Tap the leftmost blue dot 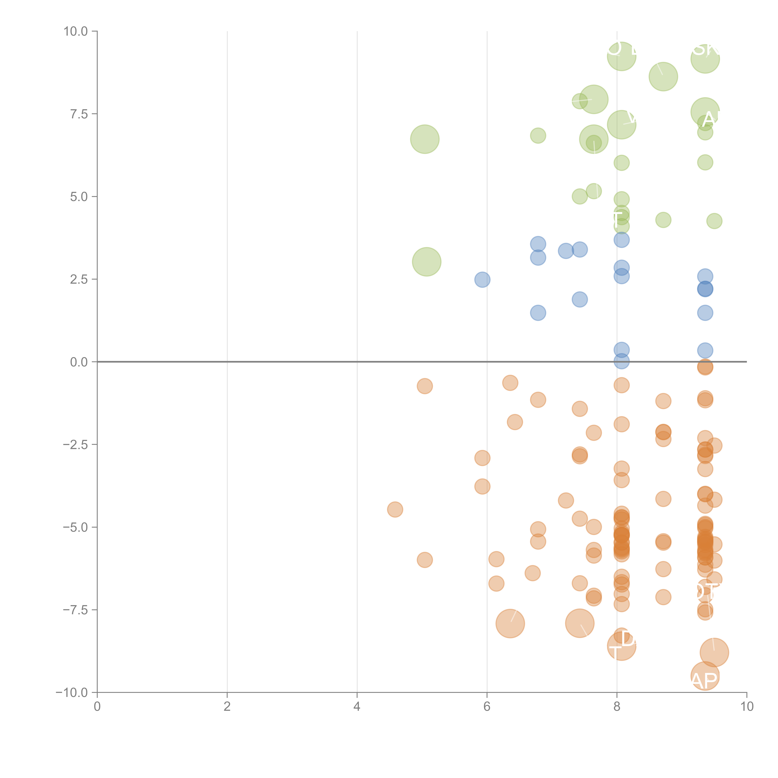point(482,279)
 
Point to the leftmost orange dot point(395,509)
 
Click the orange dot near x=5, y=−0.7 point(424,386)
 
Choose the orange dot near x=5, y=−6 point(424,560)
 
